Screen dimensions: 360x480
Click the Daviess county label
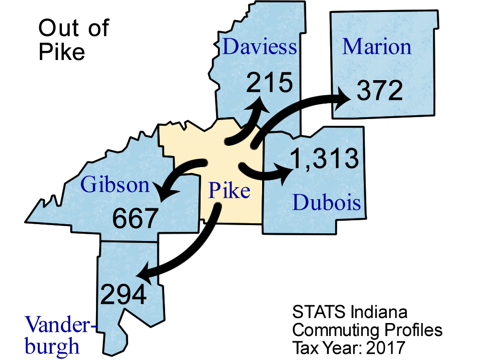pyautogui.click(x=260, y=48)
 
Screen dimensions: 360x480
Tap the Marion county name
pyautogui.click(x=377, y=47)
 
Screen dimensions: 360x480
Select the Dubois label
pyautogui.click(x=326, y=203)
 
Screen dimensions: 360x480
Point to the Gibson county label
pyautogui.click(x=115, y=184)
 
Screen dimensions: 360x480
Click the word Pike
pyautogui.click(x=229, y=191)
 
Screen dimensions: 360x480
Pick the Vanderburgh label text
pyautogui.click(x=58, y=335)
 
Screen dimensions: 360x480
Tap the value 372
pyautogui.click(x=379, y=91)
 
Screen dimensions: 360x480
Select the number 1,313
pyautogui.click(x=325, y=159)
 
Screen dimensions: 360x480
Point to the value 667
pyautogui.click(x=135, y=219)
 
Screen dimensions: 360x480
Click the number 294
pyautogui.click(x=123, y=295)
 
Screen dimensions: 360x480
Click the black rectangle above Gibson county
pyautogui.click(x=75, y=41)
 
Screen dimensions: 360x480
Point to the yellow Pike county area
pyautogui.click(x=192, y=144)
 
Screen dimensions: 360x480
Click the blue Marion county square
pyautogui.click(x=384, y=67)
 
